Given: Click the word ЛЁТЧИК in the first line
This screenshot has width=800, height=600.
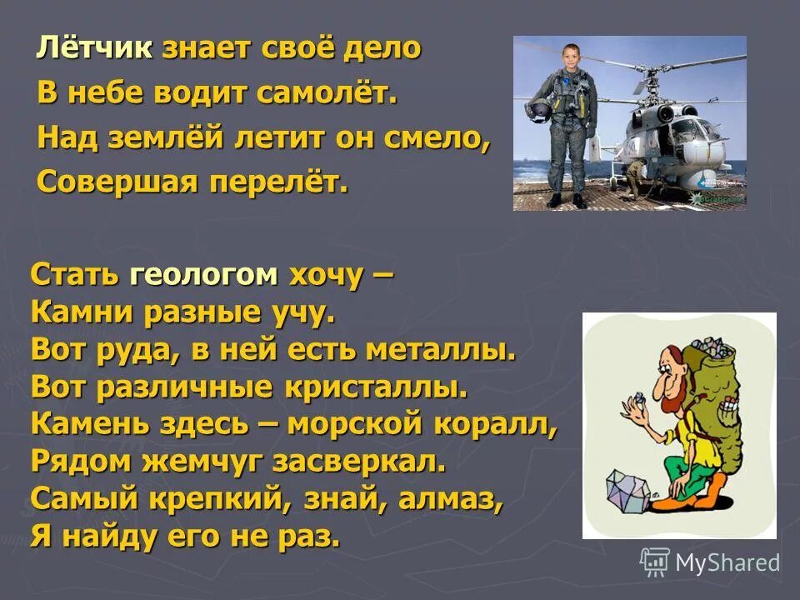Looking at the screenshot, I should click(94, 49).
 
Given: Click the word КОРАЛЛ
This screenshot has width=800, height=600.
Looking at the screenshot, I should click(498, 423).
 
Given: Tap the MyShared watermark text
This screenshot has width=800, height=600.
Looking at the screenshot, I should click(727, 563).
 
